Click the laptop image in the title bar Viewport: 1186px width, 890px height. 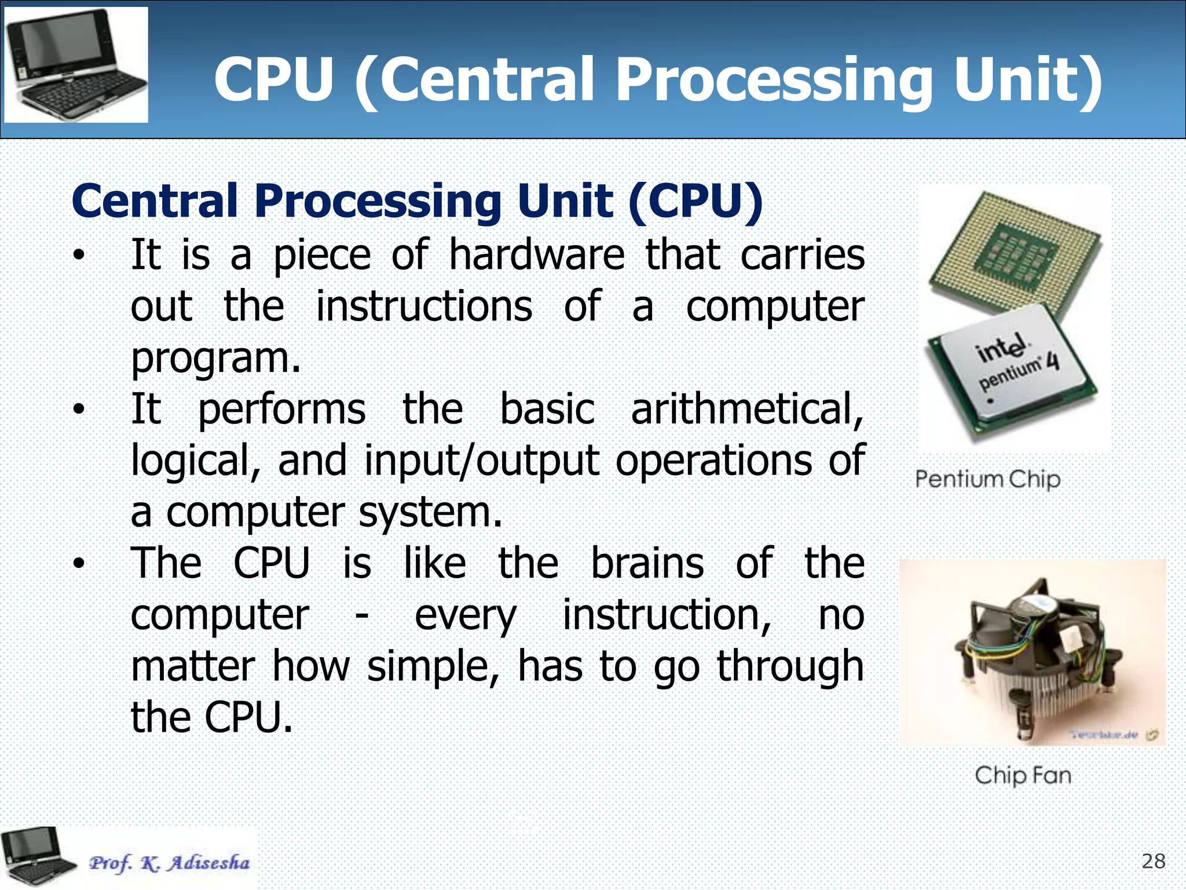76,64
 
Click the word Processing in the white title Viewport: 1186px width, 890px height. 773,81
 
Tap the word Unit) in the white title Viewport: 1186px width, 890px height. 1027,81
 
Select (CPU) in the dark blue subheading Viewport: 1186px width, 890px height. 696,201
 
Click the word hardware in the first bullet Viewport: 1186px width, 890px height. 537,255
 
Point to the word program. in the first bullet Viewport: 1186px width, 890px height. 216,359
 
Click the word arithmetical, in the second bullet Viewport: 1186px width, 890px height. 747,410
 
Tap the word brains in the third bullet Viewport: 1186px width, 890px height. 647,563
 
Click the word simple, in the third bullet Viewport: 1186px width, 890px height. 433,666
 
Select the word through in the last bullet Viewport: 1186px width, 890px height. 790,666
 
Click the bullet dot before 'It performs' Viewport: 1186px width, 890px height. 79,410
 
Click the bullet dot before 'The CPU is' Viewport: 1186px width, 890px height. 79,563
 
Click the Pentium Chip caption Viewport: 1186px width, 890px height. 987,480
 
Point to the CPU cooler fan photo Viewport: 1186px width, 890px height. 1032,652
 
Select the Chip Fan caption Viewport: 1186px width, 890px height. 1023,775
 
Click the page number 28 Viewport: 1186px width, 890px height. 1153,862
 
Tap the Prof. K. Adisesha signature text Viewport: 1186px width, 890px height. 169,863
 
